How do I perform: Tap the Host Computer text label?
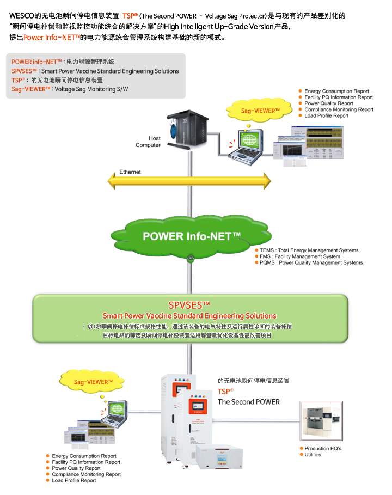(x=148, y=142)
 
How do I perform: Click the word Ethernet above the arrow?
(x=130, y=172)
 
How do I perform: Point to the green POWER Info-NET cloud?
(x=190, y=236)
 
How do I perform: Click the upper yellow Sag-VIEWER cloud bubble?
(x=260, y=111)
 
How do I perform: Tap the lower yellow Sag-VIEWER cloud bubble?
(x=93, y=382)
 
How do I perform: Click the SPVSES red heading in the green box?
(x=189, y=305)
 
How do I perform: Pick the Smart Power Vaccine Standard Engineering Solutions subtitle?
(x=189, y=316)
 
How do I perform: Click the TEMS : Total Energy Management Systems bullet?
(x=309, y=250)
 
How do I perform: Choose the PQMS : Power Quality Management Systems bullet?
(x=311, y=262)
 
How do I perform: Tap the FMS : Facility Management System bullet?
(x=299, y=256)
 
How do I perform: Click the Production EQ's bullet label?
(x=323, y=449)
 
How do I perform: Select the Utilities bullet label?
(x=313, y=455)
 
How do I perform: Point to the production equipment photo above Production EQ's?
(x=321, y=420)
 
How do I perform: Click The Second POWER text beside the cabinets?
(x=248, y=402)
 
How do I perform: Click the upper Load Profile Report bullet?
(x=326, y=115)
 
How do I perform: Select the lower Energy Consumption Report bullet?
(x=84, y=456)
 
